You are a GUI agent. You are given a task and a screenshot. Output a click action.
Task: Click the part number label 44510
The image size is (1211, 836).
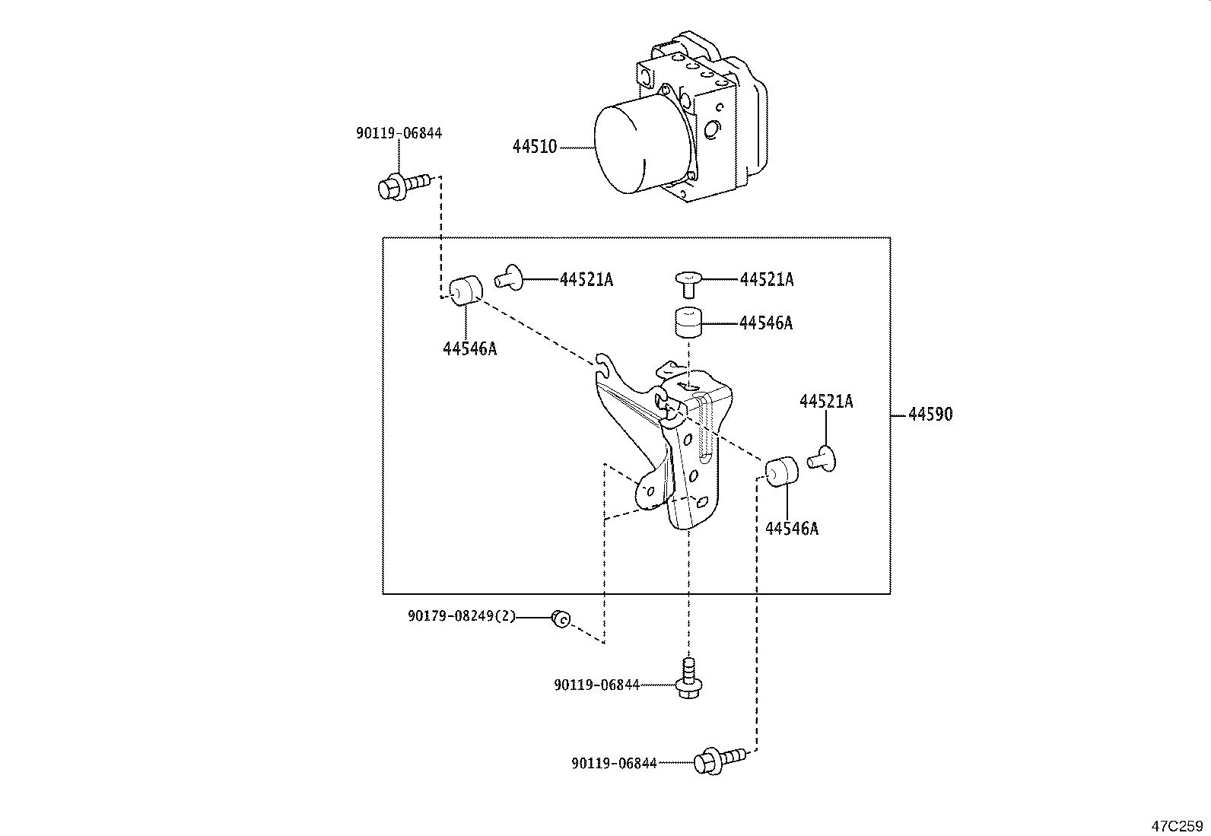(535, 147)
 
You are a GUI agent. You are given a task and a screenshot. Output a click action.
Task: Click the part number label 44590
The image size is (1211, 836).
(930, 415)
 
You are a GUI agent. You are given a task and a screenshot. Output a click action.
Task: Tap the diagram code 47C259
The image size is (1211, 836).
(1176, 825)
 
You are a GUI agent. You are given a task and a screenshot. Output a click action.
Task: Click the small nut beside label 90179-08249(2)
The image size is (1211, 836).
(561, 619)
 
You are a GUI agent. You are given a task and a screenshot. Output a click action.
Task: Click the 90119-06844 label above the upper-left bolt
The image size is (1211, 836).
(399, 133)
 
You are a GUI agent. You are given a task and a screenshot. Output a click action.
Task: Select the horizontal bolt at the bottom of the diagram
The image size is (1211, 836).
(719, 760)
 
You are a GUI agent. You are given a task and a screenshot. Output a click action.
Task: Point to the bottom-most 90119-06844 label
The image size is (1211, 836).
(614, 763)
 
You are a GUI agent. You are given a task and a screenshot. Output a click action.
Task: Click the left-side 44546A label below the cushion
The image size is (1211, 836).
(469, 349)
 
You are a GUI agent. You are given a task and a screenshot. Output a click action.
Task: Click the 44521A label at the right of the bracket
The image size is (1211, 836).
(826, 402)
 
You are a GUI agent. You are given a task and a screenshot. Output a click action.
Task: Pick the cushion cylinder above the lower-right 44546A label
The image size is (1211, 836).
(781, 472)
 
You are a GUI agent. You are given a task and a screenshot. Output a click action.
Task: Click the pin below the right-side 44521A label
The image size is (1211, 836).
(823, 458)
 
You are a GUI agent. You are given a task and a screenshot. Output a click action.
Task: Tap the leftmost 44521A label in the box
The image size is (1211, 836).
(586, 280)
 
